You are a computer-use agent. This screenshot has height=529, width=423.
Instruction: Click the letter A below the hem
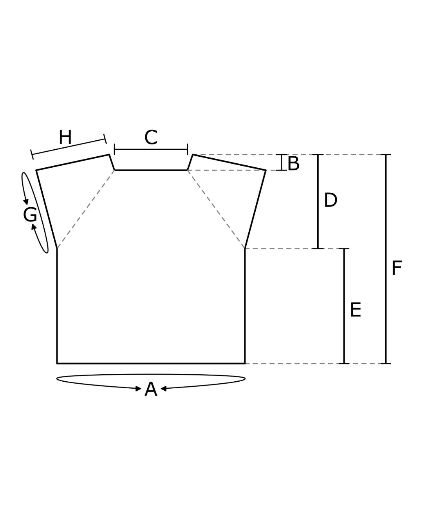(x=151, y=389)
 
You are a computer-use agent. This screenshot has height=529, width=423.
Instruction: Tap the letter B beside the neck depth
(x=293, y=163)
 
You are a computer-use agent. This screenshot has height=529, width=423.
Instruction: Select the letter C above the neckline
(x=151, y=138)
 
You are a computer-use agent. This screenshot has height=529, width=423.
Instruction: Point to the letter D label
(x=331, y=200)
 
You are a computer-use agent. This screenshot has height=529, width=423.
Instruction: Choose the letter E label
(x=355, y=310)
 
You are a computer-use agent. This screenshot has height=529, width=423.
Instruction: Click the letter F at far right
(x=396, y=268)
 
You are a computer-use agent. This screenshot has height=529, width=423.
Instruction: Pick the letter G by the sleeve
(x=30, y=215)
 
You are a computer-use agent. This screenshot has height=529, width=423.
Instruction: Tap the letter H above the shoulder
(x=65, y=137)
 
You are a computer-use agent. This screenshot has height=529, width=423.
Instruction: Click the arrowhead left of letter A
(x=138, y=389)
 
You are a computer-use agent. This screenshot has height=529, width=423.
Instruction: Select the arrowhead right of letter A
(x=163, y=389)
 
